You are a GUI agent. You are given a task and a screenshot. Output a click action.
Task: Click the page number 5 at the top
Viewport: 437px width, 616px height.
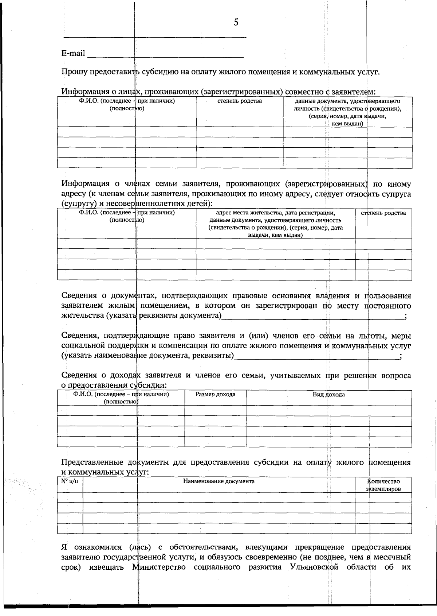[x=236, y=23]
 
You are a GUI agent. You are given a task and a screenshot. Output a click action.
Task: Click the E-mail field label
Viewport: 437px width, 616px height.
[x=73, y=54]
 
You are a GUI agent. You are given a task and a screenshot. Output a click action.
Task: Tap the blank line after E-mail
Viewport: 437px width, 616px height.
[x=166, y=55]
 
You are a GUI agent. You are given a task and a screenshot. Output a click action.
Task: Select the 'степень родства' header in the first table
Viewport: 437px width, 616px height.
[x=239, y=101]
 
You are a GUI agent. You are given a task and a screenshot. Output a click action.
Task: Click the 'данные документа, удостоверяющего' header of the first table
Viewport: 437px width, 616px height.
[x=347, y=101]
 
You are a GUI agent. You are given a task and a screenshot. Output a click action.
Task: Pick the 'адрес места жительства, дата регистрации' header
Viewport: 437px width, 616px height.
[x=275, y=213]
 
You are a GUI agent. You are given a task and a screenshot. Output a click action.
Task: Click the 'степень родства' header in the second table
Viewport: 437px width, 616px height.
[x=383, y=213]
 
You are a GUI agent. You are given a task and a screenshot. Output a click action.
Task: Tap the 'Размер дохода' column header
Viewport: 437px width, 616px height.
[x=215, y=394]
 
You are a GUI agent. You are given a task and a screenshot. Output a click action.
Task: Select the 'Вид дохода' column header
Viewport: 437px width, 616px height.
[x=328, y=394]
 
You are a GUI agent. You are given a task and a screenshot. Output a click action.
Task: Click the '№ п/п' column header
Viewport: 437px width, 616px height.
[x=70, y=481]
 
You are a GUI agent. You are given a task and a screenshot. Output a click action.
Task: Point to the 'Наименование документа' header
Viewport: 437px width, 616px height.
[x=219, y=481]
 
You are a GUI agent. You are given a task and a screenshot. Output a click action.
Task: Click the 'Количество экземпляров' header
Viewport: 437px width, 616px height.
[x=383, y=485]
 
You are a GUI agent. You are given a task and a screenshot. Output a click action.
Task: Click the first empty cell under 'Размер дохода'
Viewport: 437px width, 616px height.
[x=215, y=411]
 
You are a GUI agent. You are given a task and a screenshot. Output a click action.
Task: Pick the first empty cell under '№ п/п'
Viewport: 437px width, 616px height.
[x=70, y=497]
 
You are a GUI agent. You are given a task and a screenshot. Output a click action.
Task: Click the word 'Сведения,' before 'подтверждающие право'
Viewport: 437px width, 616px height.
[x=80, y=336]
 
